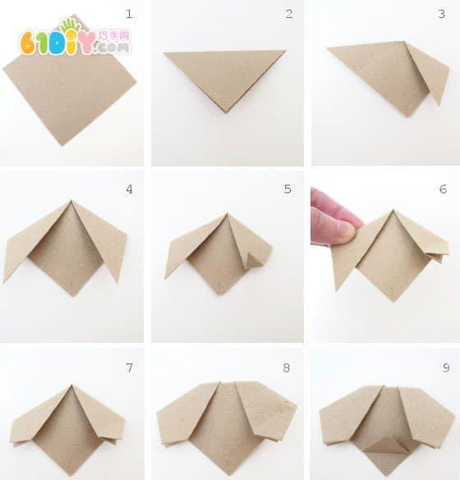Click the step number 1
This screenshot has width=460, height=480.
[129, 14]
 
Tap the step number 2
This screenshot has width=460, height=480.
[289, 14]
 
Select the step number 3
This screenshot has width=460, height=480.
[442, 14]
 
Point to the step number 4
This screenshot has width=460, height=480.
[129, 190]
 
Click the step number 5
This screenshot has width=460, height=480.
[287, 189]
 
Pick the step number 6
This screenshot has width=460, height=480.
[443, 189]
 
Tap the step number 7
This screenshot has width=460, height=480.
[129, 368]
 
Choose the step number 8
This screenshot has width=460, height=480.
[287, 368]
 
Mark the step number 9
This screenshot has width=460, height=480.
[446, 368]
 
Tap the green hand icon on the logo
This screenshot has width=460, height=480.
[70, 25]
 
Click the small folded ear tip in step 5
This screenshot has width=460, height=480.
[252, 260]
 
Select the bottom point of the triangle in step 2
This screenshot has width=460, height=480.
[227, 112]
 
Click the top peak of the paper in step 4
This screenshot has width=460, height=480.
[71, 200]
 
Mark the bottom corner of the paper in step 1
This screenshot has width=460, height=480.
[63, 144]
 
